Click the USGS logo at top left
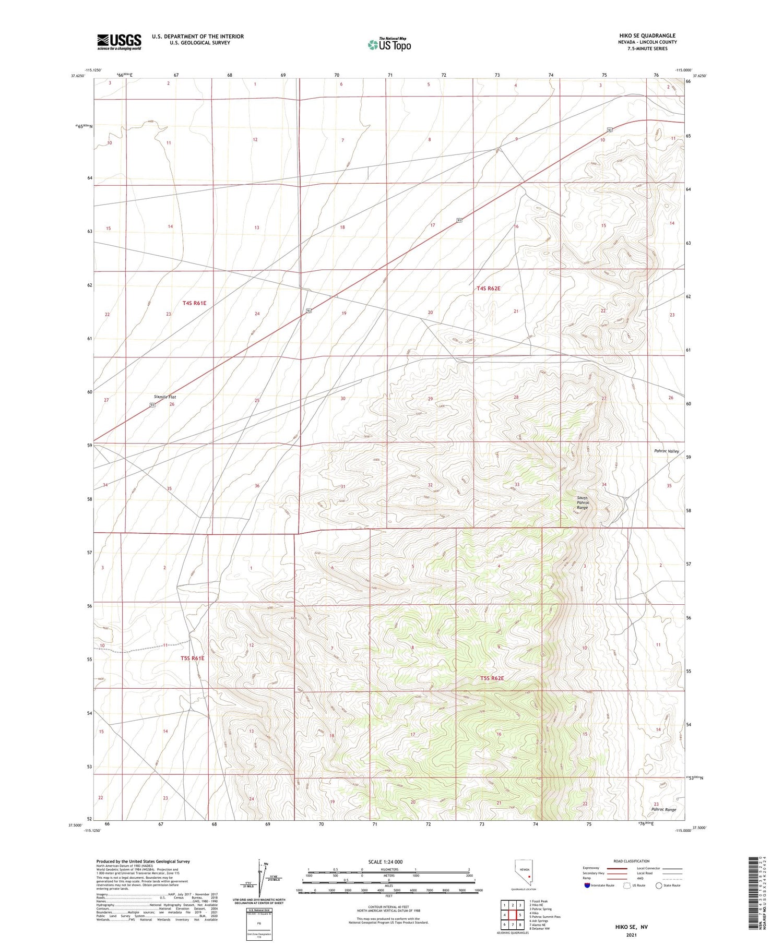point(119,42)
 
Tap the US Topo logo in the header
point(389,45)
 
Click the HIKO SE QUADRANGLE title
point(647,35)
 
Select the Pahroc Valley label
point(666,451)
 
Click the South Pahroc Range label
point(582,502)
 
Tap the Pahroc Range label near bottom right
point(663,809)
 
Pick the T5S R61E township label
point(193,658)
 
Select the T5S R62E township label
point(492,678)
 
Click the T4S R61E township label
point(194,303)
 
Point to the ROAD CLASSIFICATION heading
point(632,861)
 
